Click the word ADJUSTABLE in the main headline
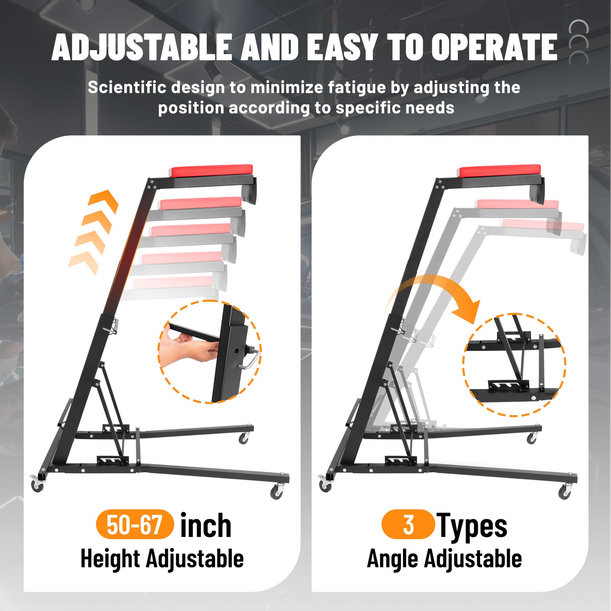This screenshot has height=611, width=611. (x=142, y=47)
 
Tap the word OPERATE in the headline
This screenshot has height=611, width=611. (x=494, y=47)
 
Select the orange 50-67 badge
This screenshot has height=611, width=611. (x=135, y=524)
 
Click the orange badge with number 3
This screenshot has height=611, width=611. (x=408, y=524)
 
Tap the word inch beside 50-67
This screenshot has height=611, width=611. (x=205, y=525)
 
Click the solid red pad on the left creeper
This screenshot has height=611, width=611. (x=212, y=171)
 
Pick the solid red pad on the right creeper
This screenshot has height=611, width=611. (x=500, y=171)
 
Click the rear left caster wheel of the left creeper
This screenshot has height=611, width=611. (x=37, y=486)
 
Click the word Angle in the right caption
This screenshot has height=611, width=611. (x=393, y=559)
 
